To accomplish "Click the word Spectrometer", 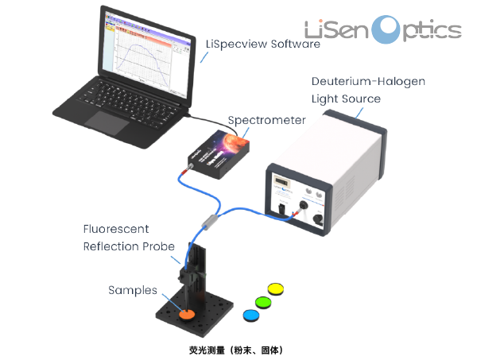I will pos(266,120).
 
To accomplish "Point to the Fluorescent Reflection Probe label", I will pos(126,238).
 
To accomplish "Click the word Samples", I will pos(133,290).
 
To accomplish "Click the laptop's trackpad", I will pos(104,120).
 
